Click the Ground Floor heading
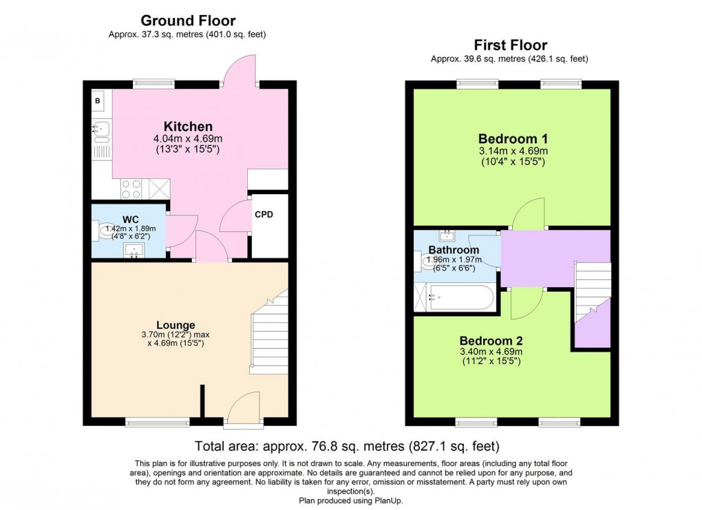pos(188,21)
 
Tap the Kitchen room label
pos(187,127)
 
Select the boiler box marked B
pos(97,101)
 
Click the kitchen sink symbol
pos(100,128)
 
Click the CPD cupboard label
pos(264,215)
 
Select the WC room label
pos(131,220)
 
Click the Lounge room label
pos(175,325)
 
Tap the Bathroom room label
pos(454,250)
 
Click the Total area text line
pos(347,446)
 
